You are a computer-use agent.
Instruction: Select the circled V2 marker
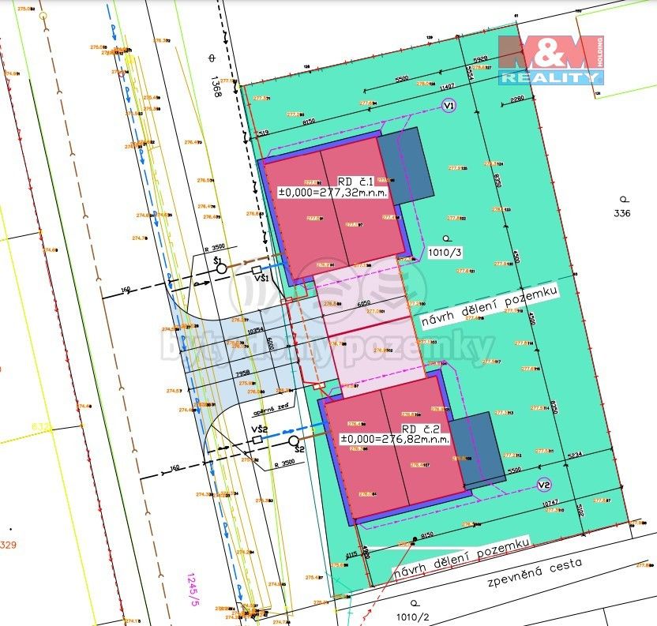point(543,485)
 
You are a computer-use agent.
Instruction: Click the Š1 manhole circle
point(222,268)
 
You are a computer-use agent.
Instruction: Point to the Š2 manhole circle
point(294,440)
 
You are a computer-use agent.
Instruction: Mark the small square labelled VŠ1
point(257,270)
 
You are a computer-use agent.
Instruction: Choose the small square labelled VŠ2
point(257,439)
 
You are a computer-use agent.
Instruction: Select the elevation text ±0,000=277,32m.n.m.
point(332,192)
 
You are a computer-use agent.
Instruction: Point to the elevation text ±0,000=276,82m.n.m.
point(395,439)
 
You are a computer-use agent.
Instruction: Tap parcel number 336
point(622,213)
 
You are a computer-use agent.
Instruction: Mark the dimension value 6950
point(363,303)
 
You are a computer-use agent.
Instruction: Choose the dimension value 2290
point(516,99)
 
